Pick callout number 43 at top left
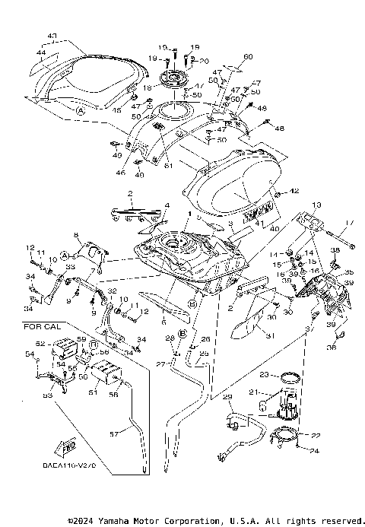point(52,36)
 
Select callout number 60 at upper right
point(247,57)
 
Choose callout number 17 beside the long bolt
point(351,223)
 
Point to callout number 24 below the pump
point(313,449)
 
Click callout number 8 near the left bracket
point(77,236)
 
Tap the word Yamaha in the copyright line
point(114,521)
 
